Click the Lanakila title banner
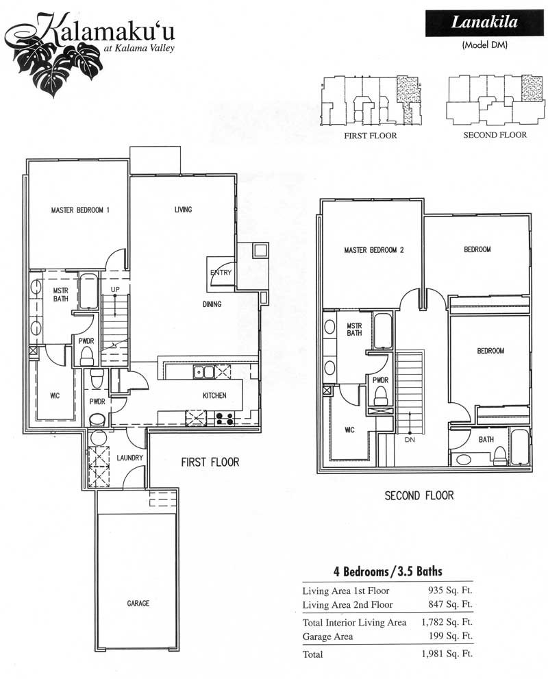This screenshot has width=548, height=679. click(484, 23)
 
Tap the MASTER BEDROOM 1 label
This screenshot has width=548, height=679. click(80, 210)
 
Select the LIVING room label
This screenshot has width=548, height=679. click(183, 210)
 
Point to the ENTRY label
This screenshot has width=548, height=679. click(221, 273)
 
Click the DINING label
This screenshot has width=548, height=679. click(212, 304)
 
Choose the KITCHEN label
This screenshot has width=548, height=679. click(214, 395)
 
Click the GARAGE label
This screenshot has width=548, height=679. click(138, 603)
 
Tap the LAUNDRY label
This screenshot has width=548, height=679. click(129, 458)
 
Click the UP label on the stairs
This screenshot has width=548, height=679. click(115, 289)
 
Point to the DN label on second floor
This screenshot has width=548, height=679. click(410, 439)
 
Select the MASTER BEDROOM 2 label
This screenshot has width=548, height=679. click(374, 250)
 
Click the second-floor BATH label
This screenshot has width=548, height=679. click(486, 439)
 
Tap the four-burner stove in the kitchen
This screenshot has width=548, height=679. click(225, 419)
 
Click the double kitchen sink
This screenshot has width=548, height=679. click(204, 372)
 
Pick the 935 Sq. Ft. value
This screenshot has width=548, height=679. click(450, 590)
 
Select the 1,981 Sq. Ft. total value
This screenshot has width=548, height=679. click(447, 654)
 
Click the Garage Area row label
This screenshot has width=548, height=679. click(327, 637)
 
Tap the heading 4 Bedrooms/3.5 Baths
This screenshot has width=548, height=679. click(388, 571)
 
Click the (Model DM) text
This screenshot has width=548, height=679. click(484, 45)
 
